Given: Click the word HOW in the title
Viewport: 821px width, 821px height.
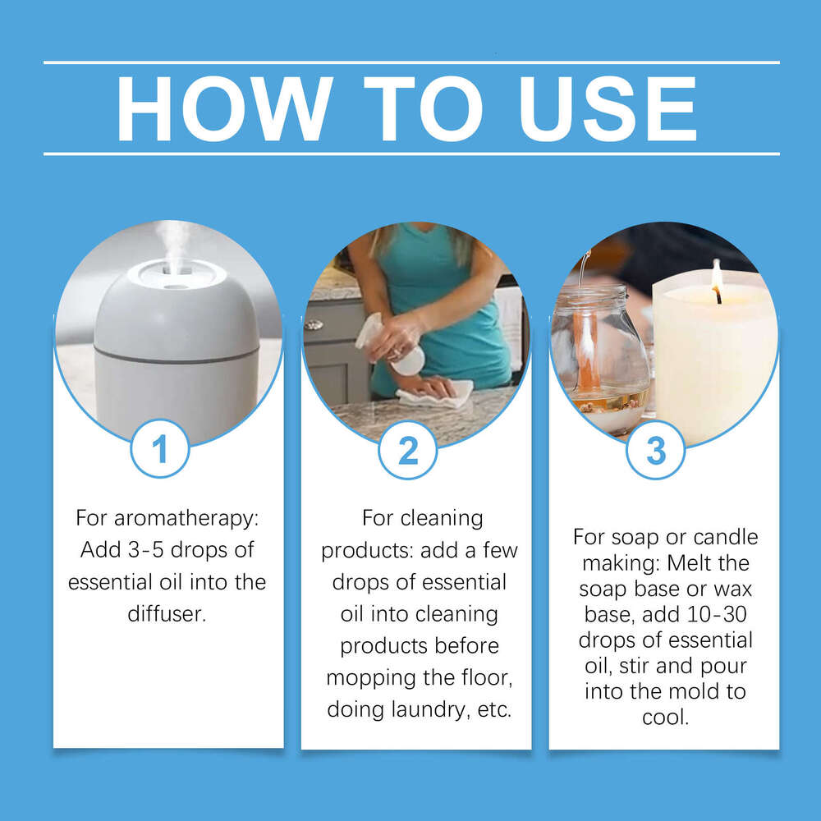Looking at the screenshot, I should click(x=222, y=108).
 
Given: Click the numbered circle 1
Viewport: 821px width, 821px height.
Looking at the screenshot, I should click(x=160, y=449).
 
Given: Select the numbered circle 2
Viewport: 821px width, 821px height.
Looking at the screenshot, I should click(x=408, y=449).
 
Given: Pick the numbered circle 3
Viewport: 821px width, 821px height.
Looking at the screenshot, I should click(x=656, y=449).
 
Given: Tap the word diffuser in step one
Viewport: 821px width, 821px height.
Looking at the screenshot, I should click(x=166, y=613).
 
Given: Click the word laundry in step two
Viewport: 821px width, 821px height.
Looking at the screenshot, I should click(x=430, y=709).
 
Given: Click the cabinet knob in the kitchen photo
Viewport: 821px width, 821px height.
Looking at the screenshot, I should click(x=313, y=325).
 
